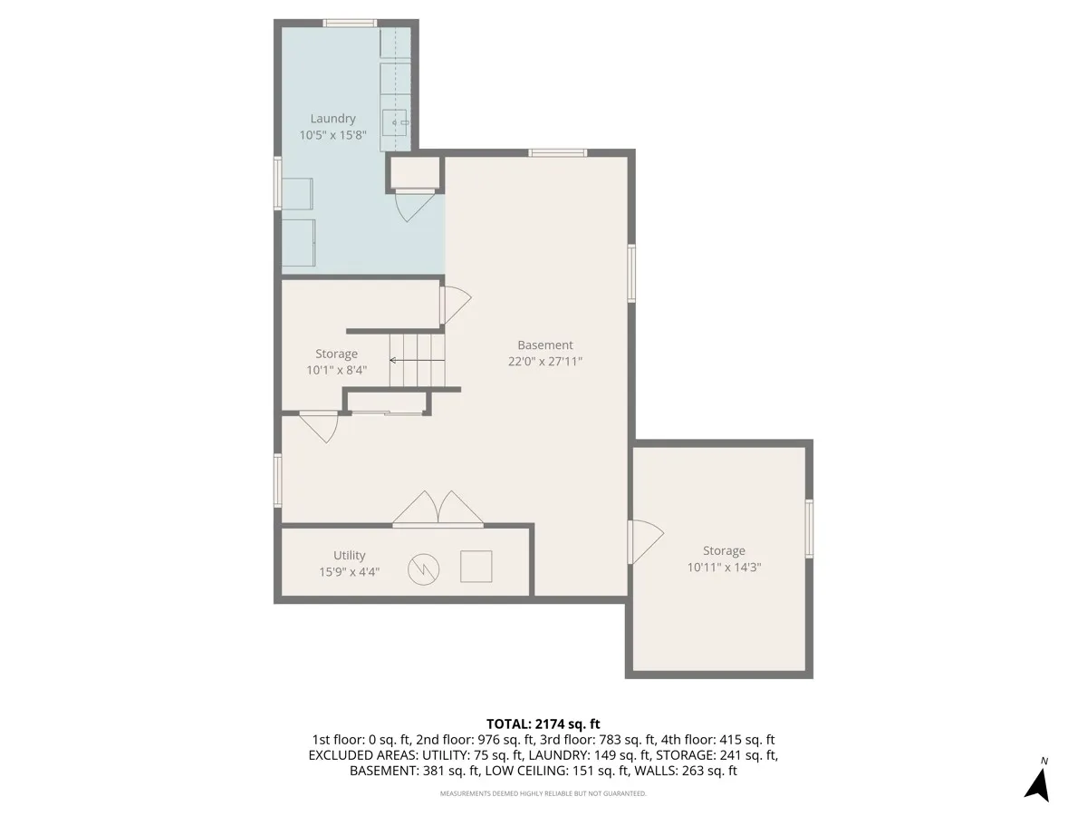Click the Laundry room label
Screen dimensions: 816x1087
pyautogui.click(x=332, y=118)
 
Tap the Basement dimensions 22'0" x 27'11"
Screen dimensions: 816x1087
pyautogui.click(x=544, y=361)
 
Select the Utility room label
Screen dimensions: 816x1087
pyautogui.click(x=349, y=556)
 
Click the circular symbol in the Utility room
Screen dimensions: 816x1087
pyautogui.click(x=422, y=568)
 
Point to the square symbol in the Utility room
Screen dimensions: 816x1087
pyautogui.click(x=476, y=567)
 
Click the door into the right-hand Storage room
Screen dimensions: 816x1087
pyautogui.click(x=645, y=541)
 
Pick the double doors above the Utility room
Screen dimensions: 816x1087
pyautogui.click(x=438, y=510)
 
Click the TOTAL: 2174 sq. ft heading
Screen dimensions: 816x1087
pyautogui.click(x=543, y=724)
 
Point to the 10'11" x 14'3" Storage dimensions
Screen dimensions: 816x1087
pyautogui.click(x=724, y=568)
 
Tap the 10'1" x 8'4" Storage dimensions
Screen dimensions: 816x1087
pyautogui.click(x=336, y=370)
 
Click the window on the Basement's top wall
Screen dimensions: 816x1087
pyautogui.click(x=557, y=152)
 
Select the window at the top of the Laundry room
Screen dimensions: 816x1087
pyautogui.click(x=351, y=23)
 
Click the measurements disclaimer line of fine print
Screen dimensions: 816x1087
pyautogui.click(x=543, y=793)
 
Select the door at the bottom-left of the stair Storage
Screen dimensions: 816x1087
pyautogui.click(x=319, y=426)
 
